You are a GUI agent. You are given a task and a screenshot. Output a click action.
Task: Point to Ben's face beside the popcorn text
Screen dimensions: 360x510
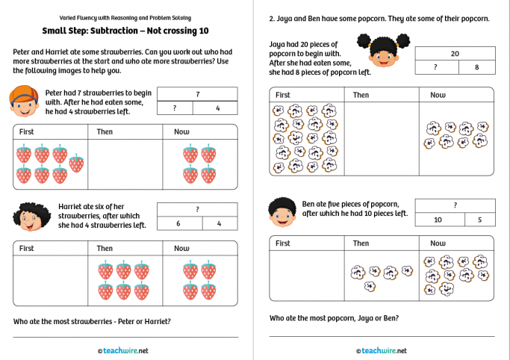pyautogui.click(x=282, y=211)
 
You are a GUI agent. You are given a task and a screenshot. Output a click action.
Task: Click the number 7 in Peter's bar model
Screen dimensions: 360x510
pyautogui.click(x=197, y=94)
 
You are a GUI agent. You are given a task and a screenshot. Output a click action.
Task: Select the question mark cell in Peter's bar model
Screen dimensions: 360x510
pyautogui.click(x=175, y=108)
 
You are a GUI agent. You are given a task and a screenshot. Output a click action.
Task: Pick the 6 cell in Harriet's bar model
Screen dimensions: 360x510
pyautogui.click(x=179, y=223)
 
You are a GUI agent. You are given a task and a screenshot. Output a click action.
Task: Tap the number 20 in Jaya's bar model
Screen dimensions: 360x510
pyautogui.click(x=454, y=54)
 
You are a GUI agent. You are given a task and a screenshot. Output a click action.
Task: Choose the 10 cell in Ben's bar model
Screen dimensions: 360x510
pyautogui.click(x=438, y=220)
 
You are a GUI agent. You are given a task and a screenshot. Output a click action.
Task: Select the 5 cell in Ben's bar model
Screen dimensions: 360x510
pyautogui.click(x=479, y=220)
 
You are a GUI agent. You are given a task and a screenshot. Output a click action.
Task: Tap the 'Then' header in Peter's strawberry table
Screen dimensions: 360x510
pyautogui.click(x=105, y=131)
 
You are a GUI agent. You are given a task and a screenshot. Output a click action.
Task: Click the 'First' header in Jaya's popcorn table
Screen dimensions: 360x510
pyautogui.click(x=283, y=95)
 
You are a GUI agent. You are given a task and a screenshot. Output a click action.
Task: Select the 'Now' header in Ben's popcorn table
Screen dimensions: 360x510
pyautogui.click(x=438, y=243)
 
